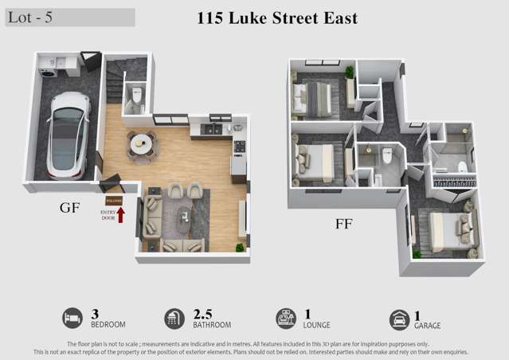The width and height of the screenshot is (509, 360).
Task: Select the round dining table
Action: (x=141, y=143)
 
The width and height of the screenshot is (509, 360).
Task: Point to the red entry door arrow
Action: (x=121, y=213)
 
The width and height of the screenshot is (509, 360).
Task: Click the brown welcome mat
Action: (x=114, y=201)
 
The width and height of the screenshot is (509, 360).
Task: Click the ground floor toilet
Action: (x=136, y=98)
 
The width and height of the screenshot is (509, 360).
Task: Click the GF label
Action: (x=69, y=208)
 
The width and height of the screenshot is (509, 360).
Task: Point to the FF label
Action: (x=343, y=224)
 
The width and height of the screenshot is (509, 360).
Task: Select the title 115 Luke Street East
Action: (x=277, y=18)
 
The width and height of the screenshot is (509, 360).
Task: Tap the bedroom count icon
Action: (x=72, y=319)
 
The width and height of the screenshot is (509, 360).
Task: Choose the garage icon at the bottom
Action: (x=399, y=319)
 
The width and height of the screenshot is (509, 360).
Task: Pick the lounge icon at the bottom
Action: (x=286, y=319)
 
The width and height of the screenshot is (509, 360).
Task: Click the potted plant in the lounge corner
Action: (x=239, y=247)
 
